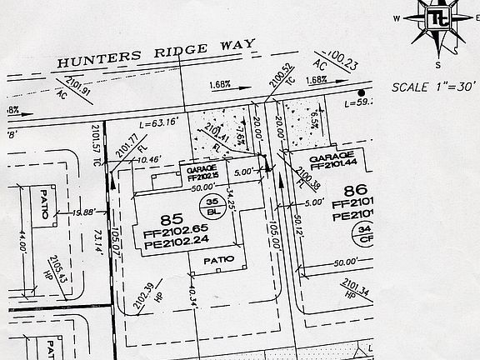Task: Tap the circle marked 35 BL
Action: [212, 207]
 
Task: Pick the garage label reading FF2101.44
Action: [332, 160]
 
